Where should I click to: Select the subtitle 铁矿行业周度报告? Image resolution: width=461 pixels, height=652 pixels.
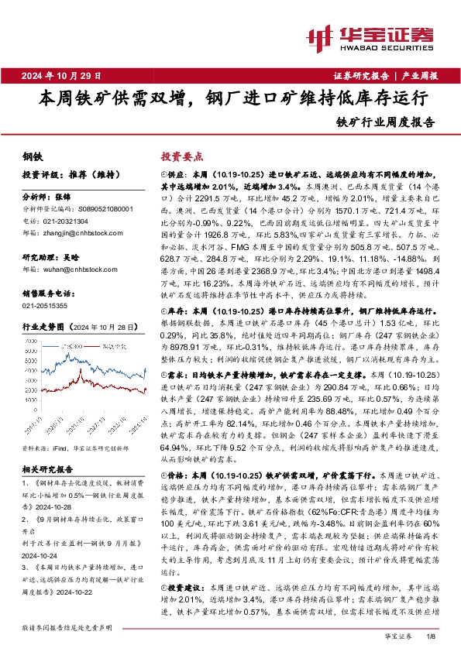(386, 122)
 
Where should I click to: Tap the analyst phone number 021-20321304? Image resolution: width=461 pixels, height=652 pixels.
(71, 219)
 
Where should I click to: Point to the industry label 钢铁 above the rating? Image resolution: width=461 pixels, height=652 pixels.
(33, 156)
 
